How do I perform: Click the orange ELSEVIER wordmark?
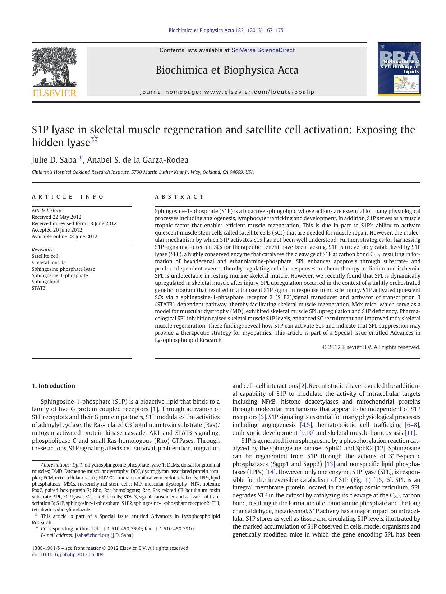pyautogui.click(x=54, y=93)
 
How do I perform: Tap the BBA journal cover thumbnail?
pyautogui.click(x=399, y=69)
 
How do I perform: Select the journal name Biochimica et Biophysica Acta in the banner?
pyautogui.click(x=227, y=70)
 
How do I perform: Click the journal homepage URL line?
pyautogui.click(x=227, y=92)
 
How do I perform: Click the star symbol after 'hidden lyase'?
pyautogui.click(x=95, y=139)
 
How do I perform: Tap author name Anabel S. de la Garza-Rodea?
pyautogui.click(x=138, y=160)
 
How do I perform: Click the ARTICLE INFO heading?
pyautogui.click(x=68, y=197)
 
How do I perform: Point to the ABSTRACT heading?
pyautogui.click(x=179, y=197)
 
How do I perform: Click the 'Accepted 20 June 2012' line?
pyautogui.click(x=57, y=230)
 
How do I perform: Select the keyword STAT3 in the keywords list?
pyautogui.click(x=38, y=288)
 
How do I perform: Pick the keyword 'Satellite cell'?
pyautogui.click(x=45, y=256)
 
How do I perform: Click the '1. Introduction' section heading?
pyautogui.click(x=53, y=386)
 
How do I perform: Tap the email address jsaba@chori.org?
pyautogui.click(x=92, y=535)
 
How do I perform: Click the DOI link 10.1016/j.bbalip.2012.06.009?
pyautogui.click(x=72, y=554)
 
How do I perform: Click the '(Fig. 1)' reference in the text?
pyautogui.click(x=360, y=480)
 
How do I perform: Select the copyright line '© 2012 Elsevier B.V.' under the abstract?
pyautogui.click(x=371, y=347)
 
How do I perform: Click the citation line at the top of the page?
pyautogui.click(x=226, y=30)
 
